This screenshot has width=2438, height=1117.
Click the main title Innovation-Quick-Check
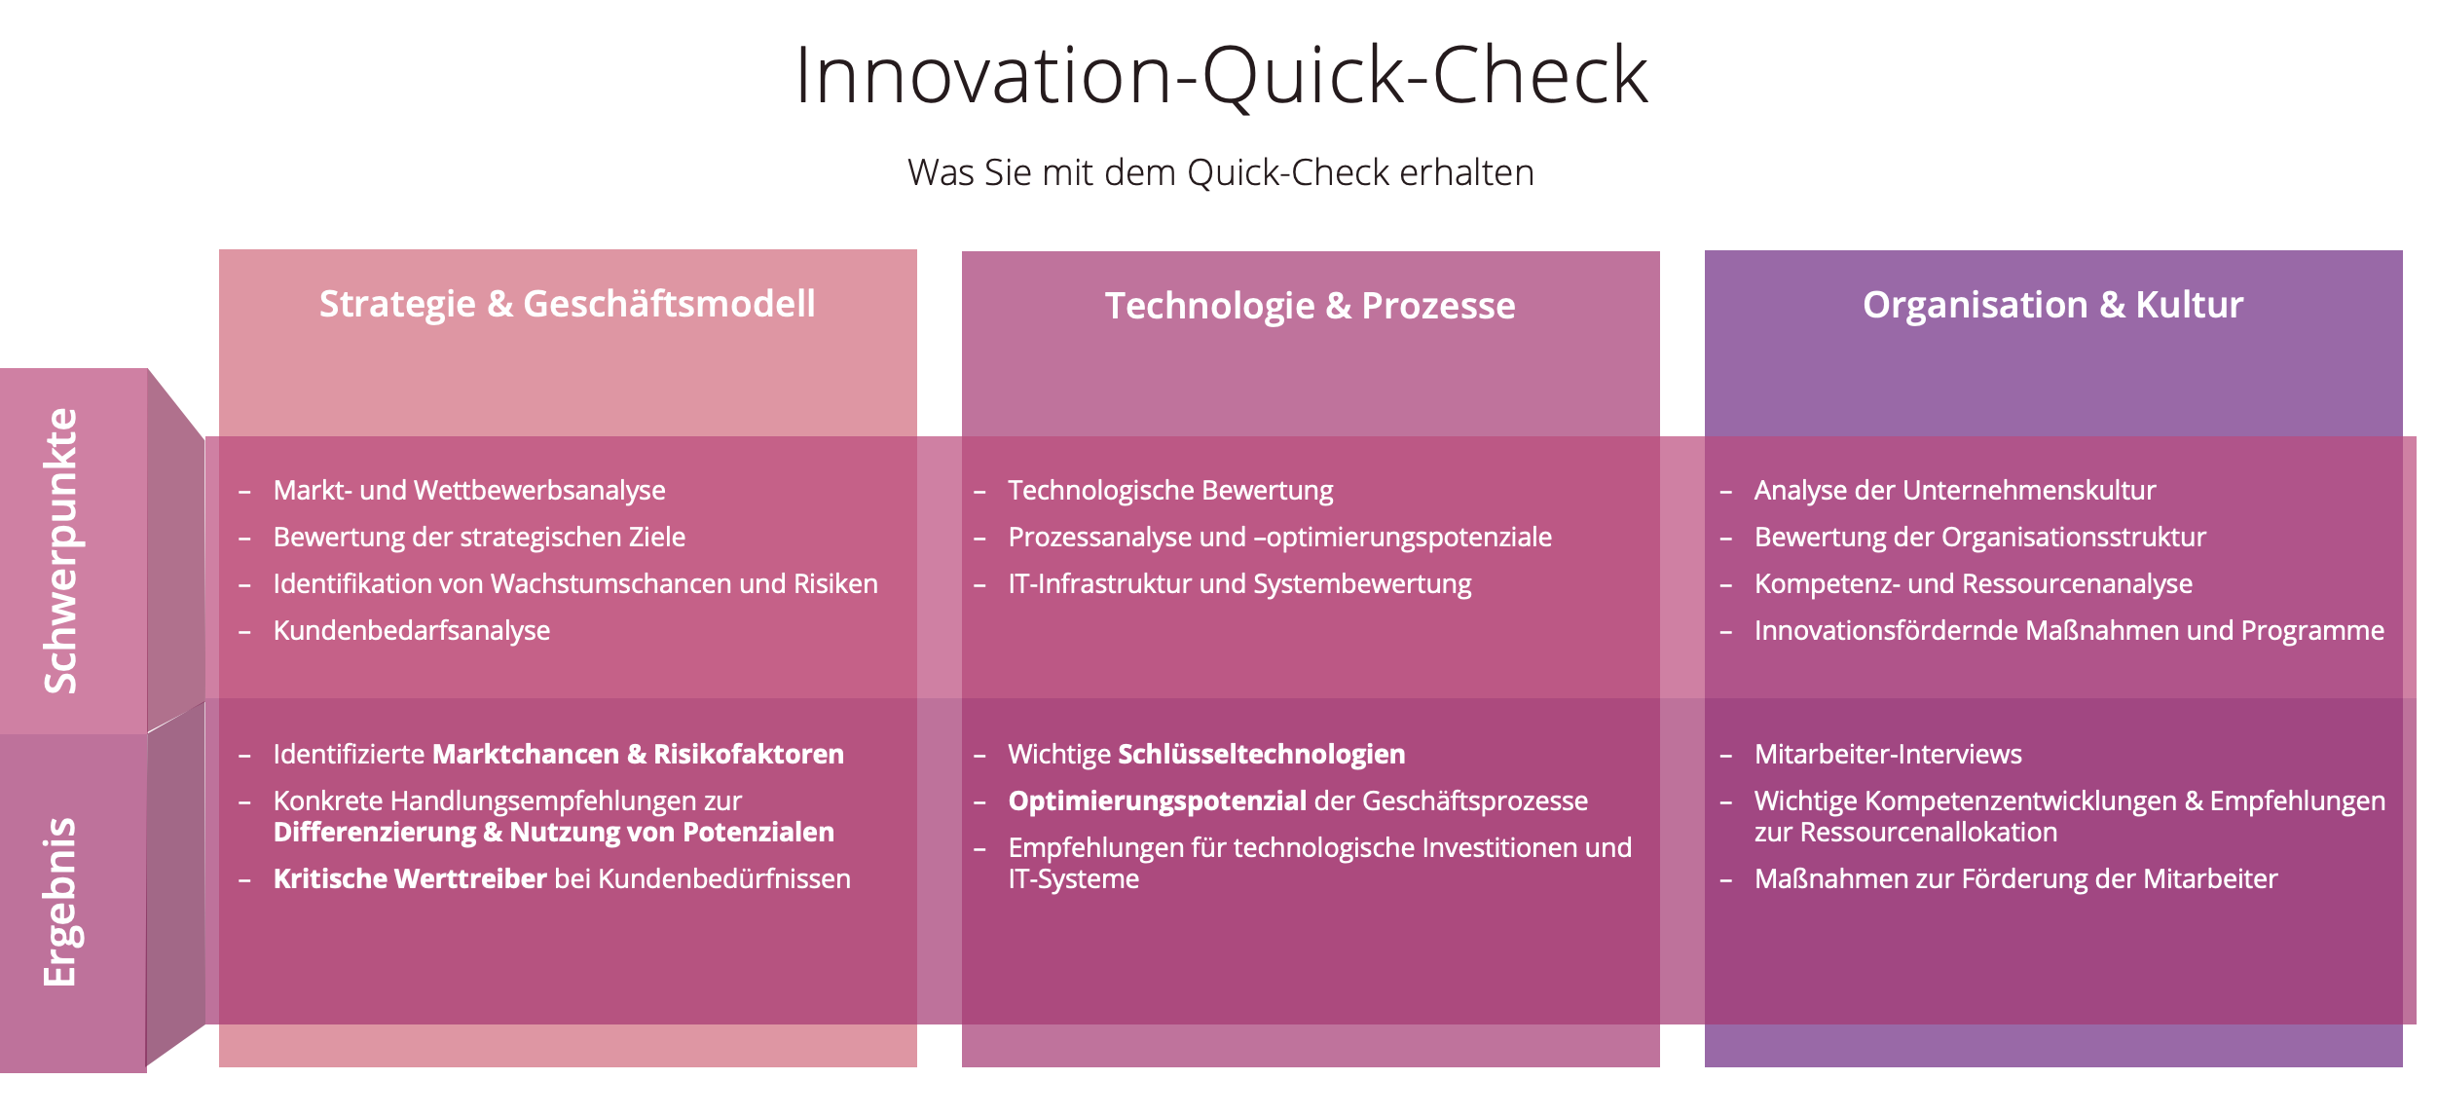tap(1221, 75)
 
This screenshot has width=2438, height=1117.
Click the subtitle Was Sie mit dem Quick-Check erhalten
tap(1221, 172)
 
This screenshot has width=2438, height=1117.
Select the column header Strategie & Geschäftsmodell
tap(568, 305)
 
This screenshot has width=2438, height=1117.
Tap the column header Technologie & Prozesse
tap(1310, 306)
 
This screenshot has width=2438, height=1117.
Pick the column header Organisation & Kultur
tap(2053, 305)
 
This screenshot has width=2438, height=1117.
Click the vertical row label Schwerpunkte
tap(60, 551)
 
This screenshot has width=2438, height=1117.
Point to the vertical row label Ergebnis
tap(60, 902)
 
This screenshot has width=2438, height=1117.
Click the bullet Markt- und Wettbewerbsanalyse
tap(469, 490)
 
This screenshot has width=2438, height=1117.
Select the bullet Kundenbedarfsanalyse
tap(412, 630)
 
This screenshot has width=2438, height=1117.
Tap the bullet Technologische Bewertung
tap(1170, 490)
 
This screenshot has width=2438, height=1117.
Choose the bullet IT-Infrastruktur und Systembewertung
tap(1239, 583)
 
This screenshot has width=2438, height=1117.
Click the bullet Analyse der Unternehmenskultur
tap(1955, 490)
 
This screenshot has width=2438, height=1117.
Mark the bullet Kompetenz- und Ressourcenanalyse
tap(1974, 583)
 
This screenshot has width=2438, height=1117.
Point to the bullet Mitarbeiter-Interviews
tap(1888, 754)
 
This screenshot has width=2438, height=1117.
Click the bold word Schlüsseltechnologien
tap(1262, 754)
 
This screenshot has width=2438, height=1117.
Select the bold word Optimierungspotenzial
tap(1158, 801)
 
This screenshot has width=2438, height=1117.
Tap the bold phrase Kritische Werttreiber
tap(410, 878)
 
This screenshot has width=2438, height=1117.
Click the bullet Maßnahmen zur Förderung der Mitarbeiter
tap(2016, 878)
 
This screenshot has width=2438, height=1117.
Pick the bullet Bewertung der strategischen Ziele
tap(479, 537)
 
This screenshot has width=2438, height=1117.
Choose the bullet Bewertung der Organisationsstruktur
tap(1980, 537)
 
